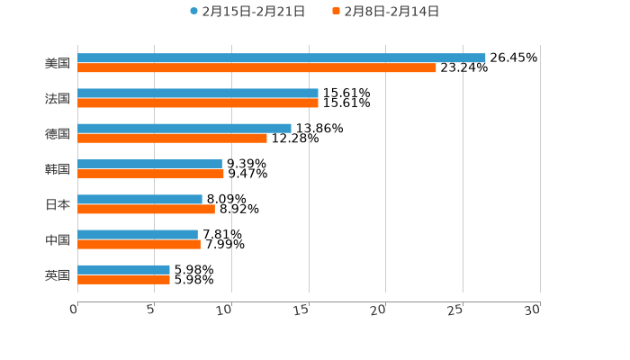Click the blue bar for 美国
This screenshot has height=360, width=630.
tap(281, 58)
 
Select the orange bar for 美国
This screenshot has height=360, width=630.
tap(256, 67)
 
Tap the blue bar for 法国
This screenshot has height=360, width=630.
tap(198, 93)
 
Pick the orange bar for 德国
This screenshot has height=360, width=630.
tap(172, 138)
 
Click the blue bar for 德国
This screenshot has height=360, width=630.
tap(184, 128)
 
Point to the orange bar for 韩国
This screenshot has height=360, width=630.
tap(150, 174)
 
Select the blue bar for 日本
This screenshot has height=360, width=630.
tap(139, 199)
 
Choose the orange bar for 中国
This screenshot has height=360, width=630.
tap(139, 244)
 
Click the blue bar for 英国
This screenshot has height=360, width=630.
tap(123, 269)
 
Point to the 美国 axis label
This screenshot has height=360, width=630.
tap(58, 63)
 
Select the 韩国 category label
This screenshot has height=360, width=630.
tap(58, 169)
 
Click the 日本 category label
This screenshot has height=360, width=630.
tap(58, 204)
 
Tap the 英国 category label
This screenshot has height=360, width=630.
tap(58, 274)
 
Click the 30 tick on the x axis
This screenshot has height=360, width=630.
tap(532, 309)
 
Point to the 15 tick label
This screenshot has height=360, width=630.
tap(303, 309)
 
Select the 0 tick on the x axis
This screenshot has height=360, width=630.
tap(76, 309)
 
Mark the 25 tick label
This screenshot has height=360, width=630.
tap(456, 309)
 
